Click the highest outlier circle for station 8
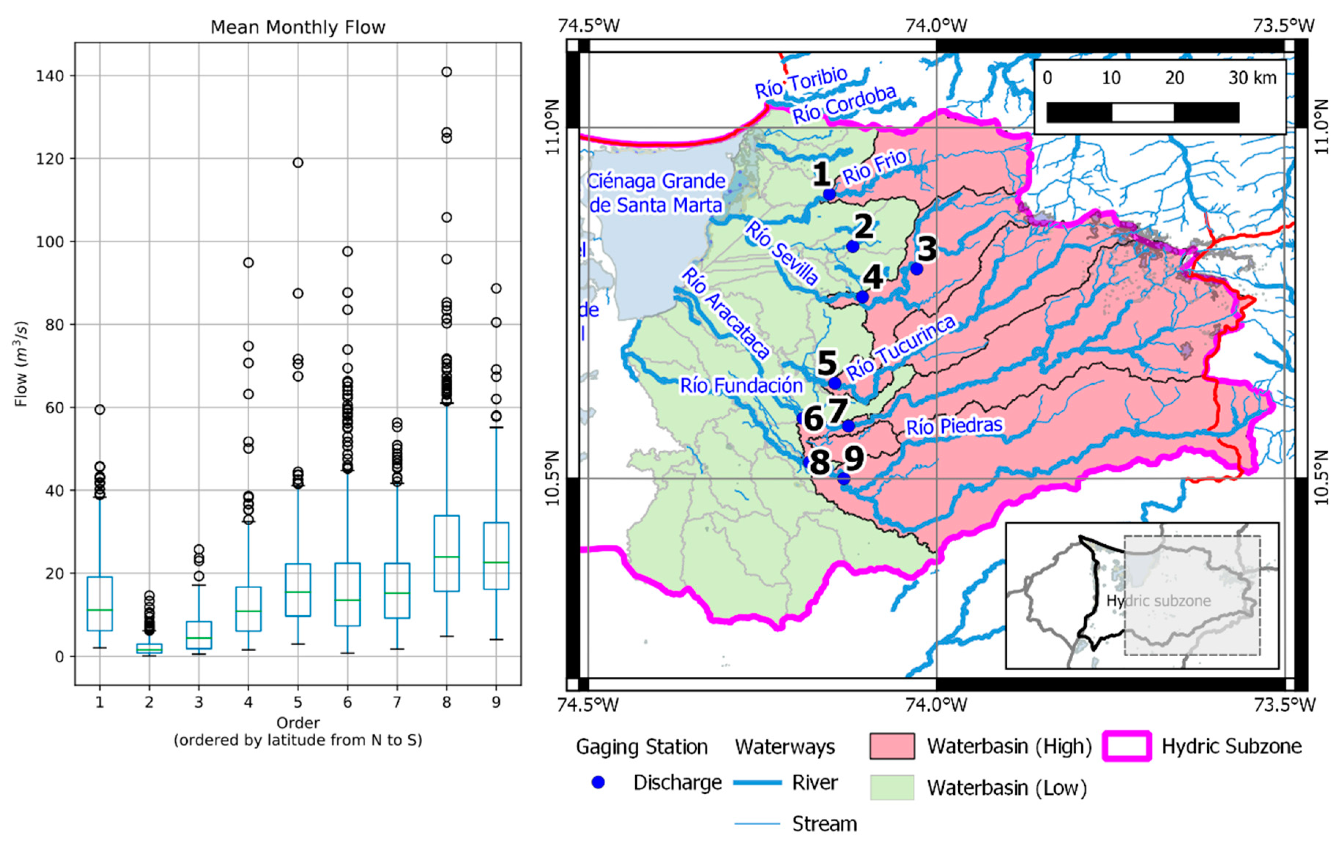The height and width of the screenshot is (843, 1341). [x=446, y=72]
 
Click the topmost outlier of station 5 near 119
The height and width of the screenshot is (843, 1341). [x=298, y=163]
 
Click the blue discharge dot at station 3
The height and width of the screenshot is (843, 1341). [x=916, y=269]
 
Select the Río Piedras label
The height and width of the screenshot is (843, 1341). [x=954, y=426]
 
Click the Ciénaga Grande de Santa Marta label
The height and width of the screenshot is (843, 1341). [x=656, y=193]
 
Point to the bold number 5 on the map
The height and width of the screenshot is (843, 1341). [x=827, y=363]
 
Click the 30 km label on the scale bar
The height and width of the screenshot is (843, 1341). [x=1252, y=78]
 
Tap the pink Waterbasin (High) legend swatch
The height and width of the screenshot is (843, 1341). [x=892, y=746]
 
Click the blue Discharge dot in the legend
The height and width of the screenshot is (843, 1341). [x=598, y=782]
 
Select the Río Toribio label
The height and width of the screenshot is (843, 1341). [x=801, y=82]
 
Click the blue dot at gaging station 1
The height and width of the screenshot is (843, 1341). [x=829, y=194]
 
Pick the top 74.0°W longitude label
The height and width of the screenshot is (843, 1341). [x=936, y=26]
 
